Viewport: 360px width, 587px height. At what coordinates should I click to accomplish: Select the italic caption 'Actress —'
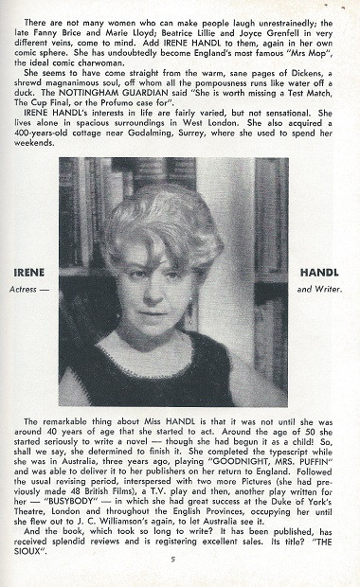pos(32,286)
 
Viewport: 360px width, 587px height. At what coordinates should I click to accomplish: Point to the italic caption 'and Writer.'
pos(324,286)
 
